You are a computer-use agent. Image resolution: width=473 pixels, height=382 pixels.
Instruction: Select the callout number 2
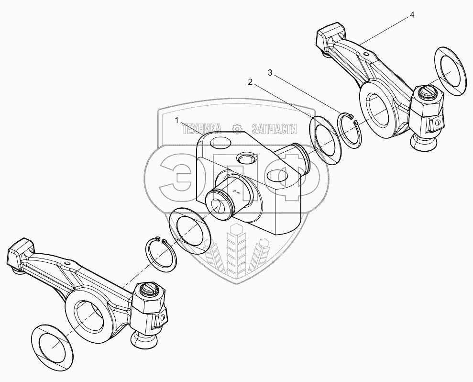point(250,82)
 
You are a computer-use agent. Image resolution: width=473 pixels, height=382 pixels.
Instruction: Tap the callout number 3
point(270,73)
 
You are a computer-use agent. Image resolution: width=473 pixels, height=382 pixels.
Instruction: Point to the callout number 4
point(412,15)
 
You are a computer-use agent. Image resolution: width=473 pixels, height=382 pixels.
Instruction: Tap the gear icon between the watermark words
point(236,128)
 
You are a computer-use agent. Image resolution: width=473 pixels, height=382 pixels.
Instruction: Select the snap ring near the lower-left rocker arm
point(161,251)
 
